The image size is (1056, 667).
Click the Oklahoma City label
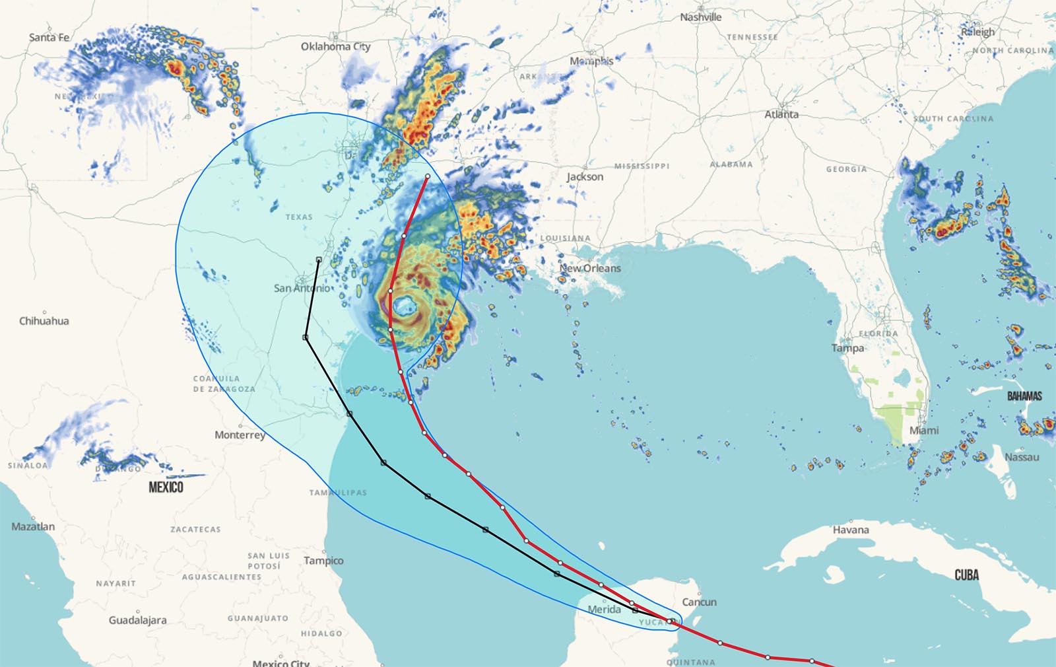tap(335, 46)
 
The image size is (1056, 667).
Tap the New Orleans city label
tap(590, 268)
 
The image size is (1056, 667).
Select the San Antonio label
tap(302, 288)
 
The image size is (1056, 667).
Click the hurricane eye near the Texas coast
tap(403, 306)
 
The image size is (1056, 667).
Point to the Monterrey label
tap(240, 435)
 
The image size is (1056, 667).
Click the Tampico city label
tap(323, 560)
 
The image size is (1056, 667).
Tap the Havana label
tap(851, 530)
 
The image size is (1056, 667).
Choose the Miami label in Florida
tap(924, 430)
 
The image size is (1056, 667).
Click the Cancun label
tap(699, 602)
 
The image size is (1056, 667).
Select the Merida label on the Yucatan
tap(604, 609)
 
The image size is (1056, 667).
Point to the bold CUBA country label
tap(966, 575)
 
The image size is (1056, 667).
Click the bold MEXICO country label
tap(166, 487)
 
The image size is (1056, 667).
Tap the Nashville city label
tap(700, 17)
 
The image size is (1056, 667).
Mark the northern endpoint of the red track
tap(428, 176)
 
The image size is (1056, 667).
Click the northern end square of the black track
tap(319, 260)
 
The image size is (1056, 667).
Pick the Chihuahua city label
tap(44, 321)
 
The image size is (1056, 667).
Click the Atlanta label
tap(781, 114)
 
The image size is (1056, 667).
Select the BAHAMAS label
tap(1024, 396)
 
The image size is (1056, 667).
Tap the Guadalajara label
tap(137, 619)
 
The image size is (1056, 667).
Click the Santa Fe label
tap(49, 37)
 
